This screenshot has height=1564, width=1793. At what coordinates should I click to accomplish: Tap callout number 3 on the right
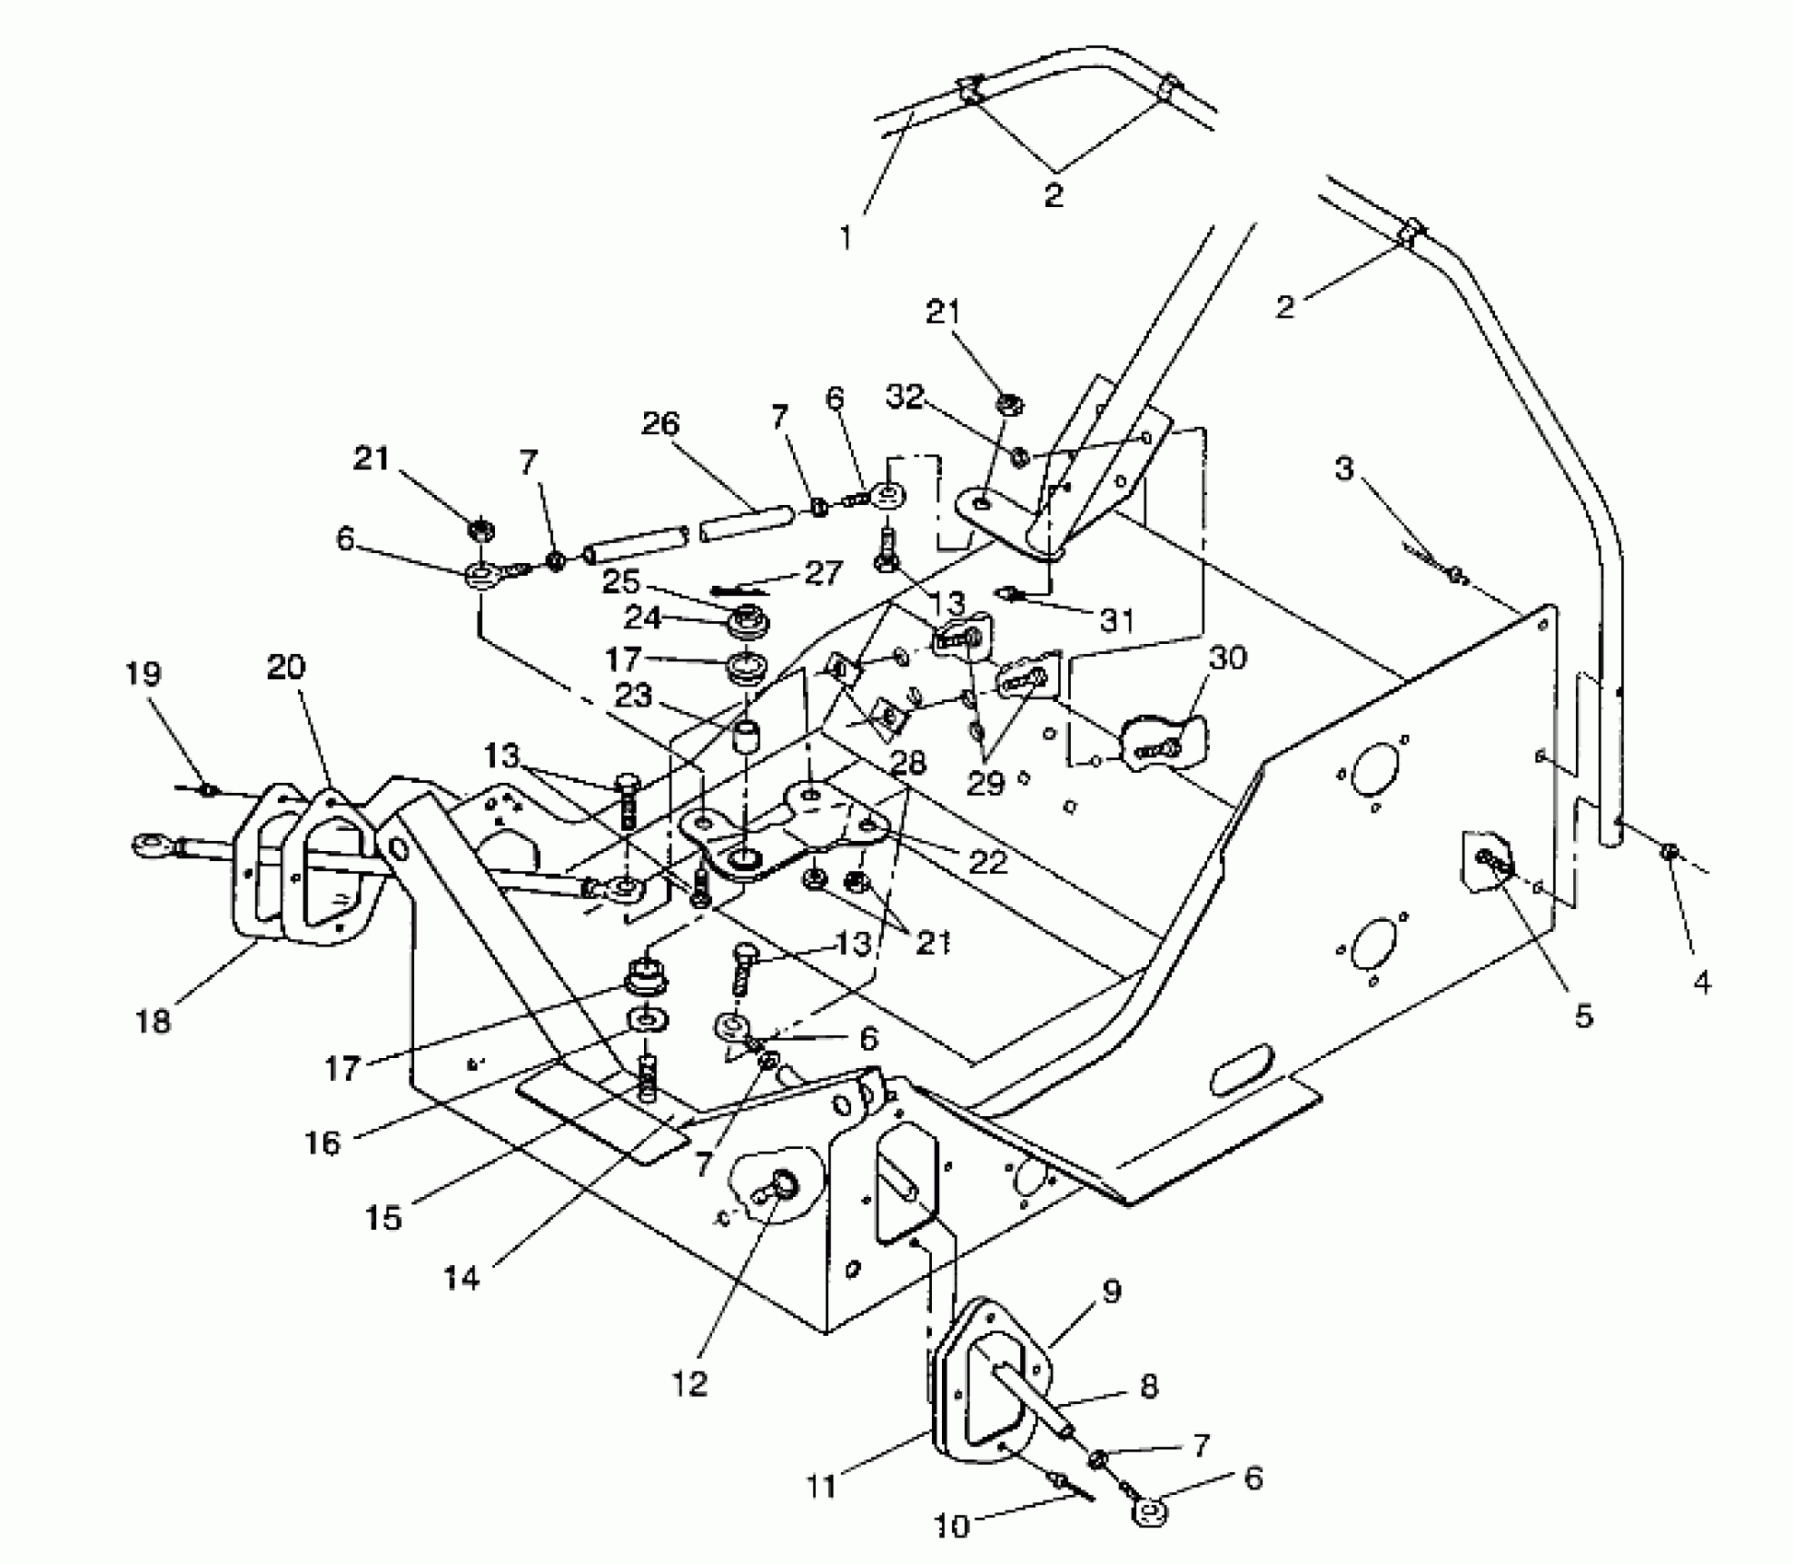(1345, 468)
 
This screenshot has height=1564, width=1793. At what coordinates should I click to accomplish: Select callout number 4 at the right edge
(1702, 983)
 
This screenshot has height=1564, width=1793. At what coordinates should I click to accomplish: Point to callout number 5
(1582, 1016)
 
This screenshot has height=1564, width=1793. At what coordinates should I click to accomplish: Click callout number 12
(690, 1383)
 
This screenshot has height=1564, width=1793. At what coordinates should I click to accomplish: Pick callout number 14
(462, 1278)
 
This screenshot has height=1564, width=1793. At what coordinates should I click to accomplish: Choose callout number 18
(154, 1021)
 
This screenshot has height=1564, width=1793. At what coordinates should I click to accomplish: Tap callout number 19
(144, 674)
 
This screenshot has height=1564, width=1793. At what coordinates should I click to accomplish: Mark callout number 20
(286, 667)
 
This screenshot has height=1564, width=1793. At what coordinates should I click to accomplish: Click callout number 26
(660, 424)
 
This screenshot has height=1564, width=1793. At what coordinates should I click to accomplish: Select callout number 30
(1228, 658)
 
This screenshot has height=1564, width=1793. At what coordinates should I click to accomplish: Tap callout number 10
(952, 1526)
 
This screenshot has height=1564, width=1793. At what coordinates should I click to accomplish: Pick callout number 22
(988, 861)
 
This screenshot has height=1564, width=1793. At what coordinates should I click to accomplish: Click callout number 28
(908, 763)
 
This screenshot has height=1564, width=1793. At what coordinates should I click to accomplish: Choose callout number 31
(1118, 621)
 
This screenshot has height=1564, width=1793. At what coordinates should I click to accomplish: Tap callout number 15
(384, 1217)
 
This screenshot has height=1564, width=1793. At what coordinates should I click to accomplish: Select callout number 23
(634, 696)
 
